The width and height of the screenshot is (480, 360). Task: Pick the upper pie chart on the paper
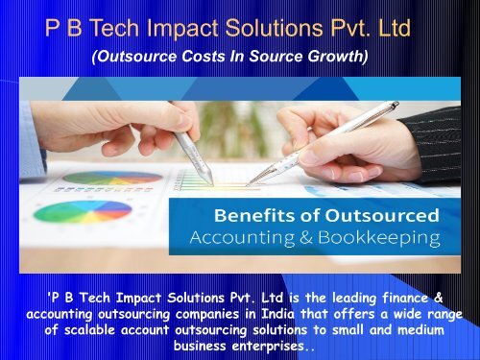(x=99, y=178)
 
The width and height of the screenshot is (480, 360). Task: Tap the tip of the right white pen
(x=248, y=183)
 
